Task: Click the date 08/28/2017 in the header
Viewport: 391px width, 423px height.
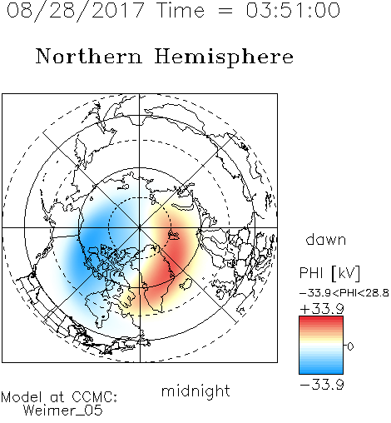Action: click(75, 10)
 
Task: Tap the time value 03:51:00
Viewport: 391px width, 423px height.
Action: click(293, 10)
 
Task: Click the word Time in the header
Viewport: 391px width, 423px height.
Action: click(181, 10)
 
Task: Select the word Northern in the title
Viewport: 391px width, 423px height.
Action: click(89, 56)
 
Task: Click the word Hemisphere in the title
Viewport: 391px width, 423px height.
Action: click(224, 57)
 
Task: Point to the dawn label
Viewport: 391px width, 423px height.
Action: click(326, 239)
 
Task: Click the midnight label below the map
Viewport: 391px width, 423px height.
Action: click(195, 391)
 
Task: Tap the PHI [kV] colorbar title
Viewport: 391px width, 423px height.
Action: click(329, 273)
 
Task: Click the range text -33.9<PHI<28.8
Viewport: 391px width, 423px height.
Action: click(344, 292)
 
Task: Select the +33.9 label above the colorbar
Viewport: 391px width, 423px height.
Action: click(322, 308)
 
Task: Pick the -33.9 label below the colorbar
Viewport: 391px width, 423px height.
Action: click(322, 385)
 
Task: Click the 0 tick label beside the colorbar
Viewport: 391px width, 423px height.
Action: click(350, 346)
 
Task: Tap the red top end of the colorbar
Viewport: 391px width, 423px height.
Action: click(321, 319)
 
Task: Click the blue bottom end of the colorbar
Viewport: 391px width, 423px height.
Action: click(321, 371)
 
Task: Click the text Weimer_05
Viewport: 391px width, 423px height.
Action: click(63, 411)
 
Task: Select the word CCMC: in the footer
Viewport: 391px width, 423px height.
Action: click(94, 397)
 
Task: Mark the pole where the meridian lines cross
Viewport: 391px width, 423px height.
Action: click(140, 227)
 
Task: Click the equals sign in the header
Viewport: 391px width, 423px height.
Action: click(225, 11)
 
